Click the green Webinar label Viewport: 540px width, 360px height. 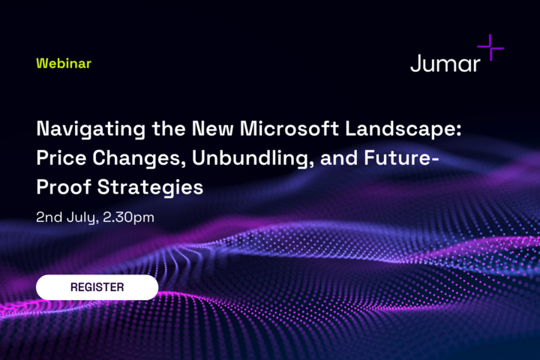pyautogui.click(x=64, y=64)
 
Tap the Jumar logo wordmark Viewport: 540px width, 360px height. pyautogui.click(x=445, y=64)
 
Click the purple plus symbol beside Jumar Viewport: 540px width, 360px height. pyautogui.click(x=490, y=47)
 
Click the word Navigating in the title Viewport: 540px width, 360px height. pyautogui.click(x=91, y=130)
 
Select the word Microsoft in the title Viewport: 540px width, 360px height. pyautogui.click(x=289, y=128)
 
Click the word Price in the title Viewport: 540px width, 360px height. pyautogui.click(x=61, y=157)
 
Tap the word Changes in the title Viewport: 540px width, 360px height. pyautogui.click(x=136, y=159)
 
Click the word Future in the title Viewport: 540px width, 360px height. pyautogui.click(x=397, y=157)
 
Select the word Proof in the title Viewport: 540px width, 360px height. pyautogui.click(x=64, y=187)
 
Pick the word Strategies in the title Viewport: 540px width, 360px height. pyautogui.click(x=150, y=188)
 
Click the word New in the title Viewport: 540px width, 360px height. pyautogui.click(x=212, y=128)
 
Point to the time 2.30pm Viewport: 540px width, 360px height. pyautogui.click(x=128, y=217)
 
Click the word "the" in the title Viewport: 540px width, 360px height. pyautogui.click(x=169, y=128)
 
